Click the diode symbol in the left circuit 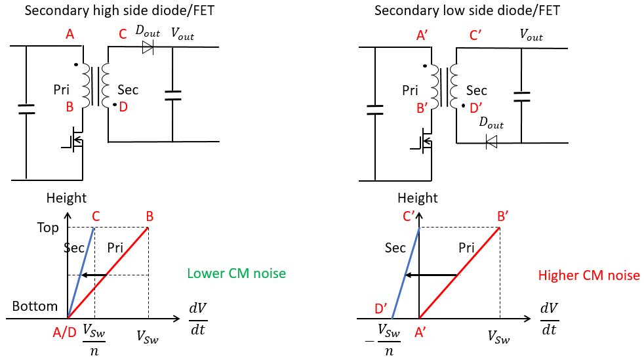(x=148, y=47)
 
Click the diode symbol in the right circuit (x=491, y=142)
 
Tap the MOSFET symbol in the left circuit (x=74, y=141)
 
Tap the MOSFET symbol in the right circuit (x=422, y=142)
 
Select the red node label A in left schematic (x=70, y=34)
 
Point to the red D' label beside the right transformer (x=476, y=108)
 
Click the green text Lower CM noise (x=237, y=273)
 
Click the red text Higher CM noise (x=589, y=275)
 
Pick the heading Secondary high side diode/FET (x=119, y=10)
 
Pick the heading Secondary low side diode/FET (x=467, y=10)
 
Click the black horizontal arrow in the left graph (x=94, y=275)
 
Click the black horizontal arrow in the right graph (x=431, y=275)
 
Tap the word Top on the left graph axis (x=48, y=228)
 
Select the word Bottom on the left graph (x=35, y=306)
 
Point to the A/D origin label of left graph (x=64, y=332)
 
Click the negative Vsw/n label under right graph (x=383, y=340)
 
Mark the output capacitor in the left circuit (x=172, y=96)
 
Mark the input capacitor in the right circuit (x=375, y=110)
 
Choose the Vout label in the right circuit (x=531, y=35)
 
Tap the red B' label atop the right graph (x=503, y=216)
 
